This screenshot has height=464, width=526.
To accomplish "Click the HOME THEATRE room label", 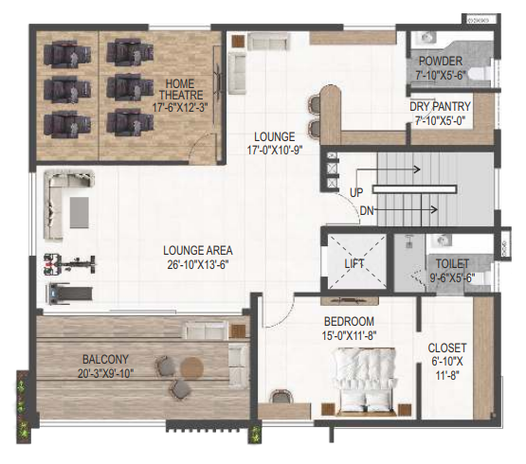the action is click(x=181, y=89).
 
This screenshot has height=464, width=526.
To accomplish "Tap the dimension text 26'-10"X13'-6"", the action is click(x=198, y=265).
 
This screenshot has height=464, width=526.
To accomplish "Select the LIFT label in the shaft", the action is click(x=354, y=264).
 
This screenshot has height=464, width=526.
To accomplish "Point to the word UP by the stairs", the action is click(x=356, y=193).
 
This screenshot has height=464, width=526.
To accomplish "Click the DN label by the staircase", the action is click(x=367, y=211).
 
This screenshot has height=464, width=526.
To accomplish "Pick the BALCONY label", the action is click(x=105, y=360).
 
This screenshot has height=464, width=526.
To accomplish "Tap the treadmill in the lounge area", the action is click(x=70, y=294).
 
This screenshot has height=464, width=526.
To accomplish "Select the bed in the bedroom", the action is click(x=366, y=382).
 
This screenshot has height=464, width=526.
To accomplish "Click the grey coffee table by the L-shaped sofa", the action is click(x=80, y=212).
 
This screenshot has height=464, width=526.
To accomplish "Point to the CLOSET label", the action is click(x=447, y=348).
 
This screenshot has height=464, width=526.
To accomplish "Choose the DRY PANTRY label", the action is click(x=440, y=107).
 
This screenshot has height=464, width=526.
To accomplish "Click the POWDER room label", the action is click(x=441, y=62).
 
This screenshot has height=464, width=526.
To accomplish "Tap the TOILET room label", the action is click(x=452, y=264).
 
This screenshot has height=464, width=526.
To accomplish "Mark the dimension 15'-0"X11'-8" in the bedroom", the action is click(x=349, y=335).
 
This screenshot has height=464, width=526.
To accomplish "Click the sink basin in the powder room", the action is click(x=427, y=37).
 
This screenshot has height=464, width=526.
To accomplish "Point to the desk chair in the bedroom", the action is click(x=281, y=396).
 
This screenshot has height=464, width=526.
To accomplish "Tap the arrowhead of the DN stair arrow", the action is click(x=435, y=210).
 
